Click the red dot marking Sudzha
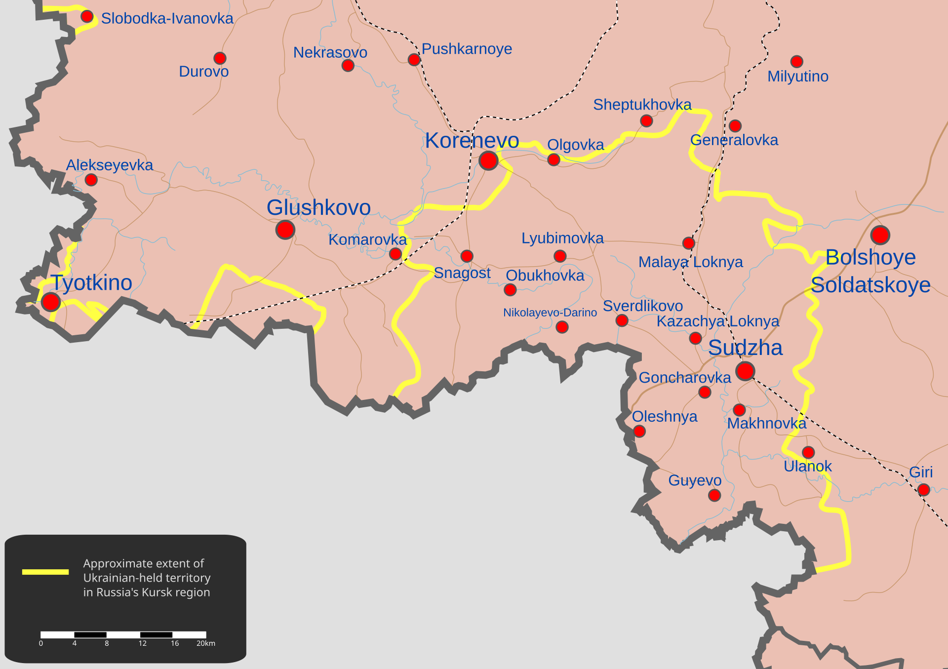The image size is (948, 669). point(745,371)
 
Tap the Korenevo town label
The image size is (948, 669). point(472,141)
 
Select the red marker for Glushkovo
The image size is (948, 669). point(285,230)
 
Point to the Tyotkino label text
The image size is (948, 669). point(92,283)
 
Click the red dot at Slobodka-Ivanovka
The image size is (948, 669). point(87,16)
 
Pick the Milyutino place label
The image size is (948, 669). point(797,77)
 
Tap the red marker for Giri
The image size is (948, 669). point(923,490)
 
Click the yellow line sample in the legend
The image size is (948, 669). point(45,572)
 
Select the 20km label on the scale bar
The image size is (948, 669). point(205,643)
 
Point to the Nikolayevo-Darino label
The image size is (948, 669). point(550,313)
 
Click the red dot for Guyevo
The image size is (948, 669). point(714,495)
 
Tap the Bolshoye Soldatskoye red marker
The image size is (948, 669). point(880,235)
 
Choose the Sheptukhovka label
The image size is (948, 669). point(642,105)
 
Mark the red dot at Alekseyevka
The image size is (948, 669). point(91,180)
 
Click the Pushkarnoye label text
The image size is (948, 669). point(467,49)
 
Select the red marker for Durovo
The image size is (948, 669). point(220,58)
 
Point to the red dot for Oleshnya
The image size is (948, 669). point(639,431)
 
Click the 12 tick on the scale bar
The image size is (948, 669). point(142,643)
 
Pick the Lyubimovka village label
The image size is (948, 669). point(562,238)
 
